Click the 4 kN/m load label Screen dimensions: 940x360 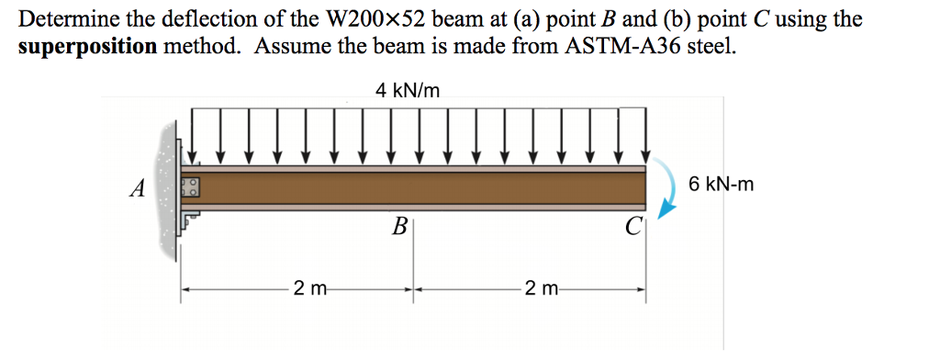408,89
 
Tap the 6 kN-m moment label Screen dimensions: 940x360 721,185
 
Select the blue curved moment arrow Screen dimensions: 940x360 668,196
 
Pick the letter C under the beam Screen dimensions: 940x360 632,227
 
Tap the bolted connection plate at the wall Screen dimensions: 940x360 191,188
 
